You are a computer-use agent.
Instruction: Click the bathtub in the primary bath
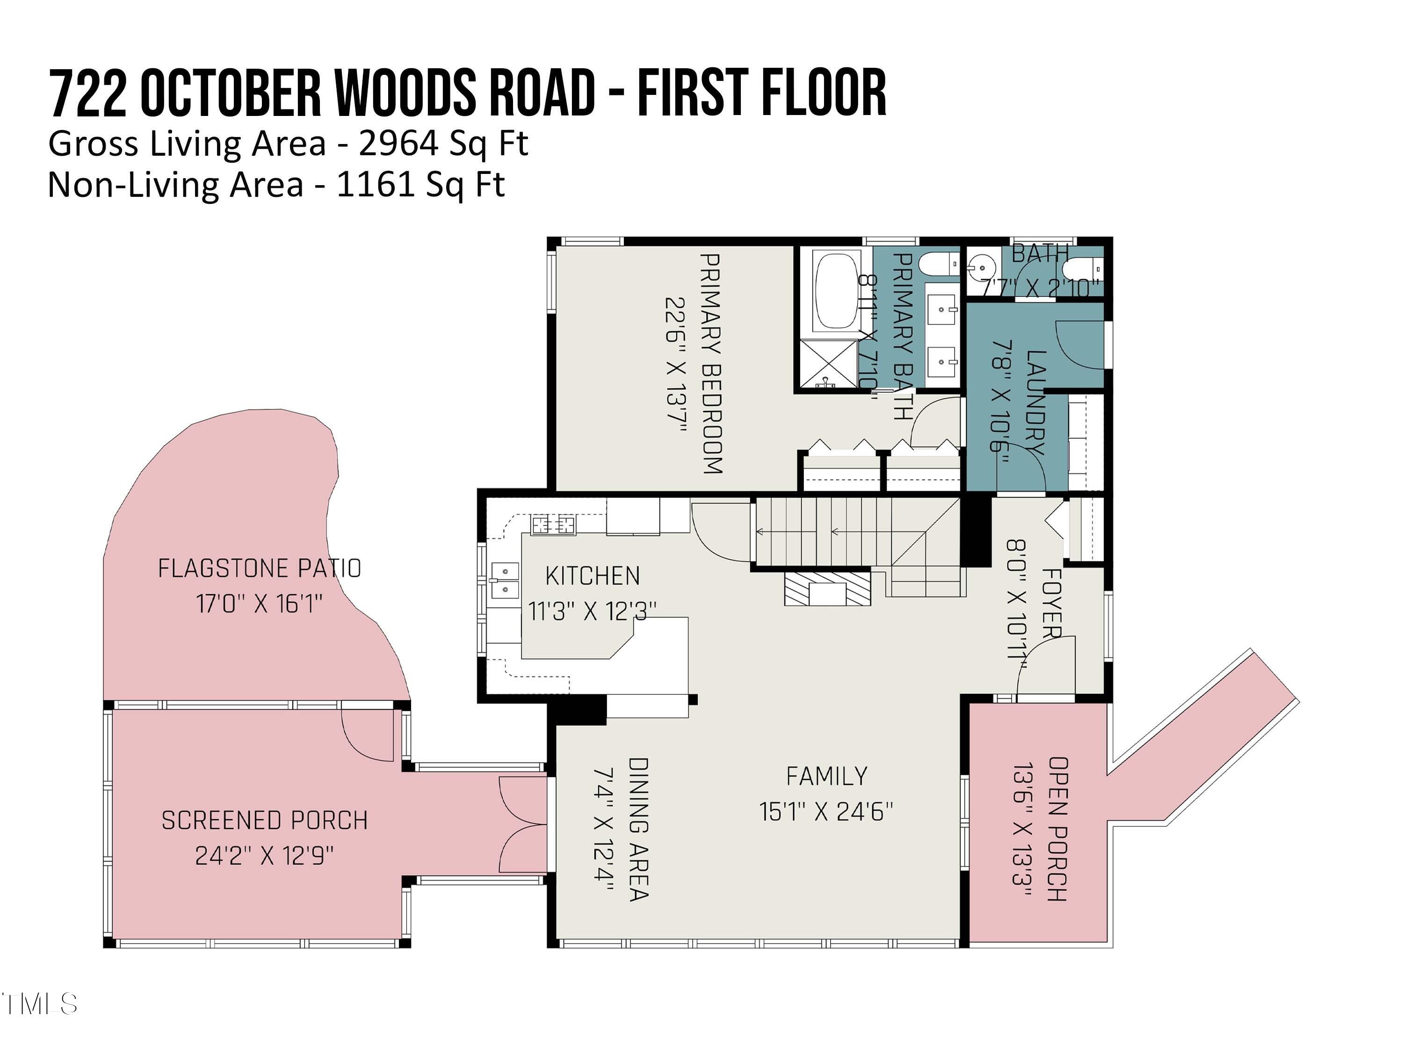coord(837,291)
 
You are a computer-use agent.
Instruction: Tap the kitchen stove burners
coord(554,525)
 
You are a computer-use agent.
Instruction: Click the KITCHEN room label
coord(593,576)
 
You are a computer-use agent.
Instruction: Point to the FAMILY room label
coord(826,776)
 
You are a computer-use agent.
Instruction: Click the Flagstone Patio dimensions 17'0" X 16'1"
coord(260,604)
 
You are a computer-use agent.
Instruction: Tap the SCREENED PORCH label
coord(265,821)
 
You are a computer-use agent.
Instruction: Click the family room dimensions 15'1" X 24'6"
coord(826,812)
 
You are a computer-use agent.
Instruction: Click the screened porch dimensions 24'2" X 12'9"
coord(265,856)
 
